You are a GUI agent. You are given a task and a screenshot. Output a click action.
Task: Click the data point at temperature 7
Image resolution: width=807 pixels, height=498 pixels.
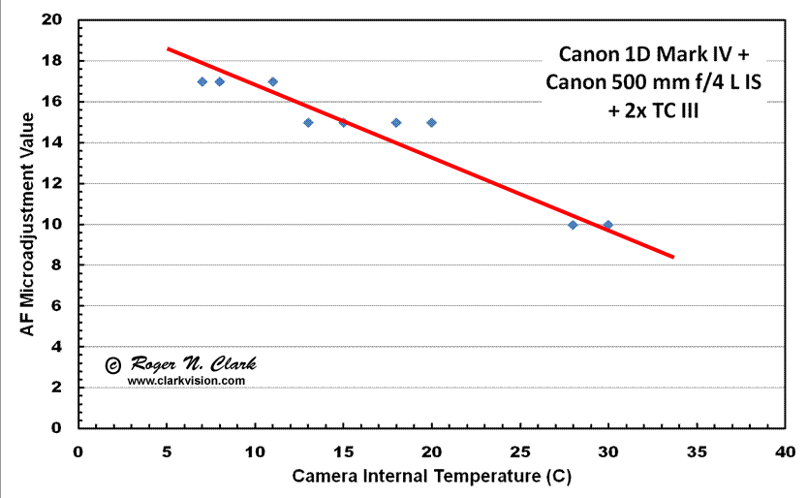click(x=202, y=81)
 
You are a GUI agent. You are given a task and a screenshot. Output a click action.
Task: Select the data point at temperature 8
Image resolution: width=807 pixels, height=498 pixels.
click(x=219, y=81)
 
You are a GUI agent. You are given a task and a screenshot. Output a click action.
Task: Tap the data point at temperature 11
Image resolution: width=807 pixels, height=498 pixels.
click(x=272, y=81)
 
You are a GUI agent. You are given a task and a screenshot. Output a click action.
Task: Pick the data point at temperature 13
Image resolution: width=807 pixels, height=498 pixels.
click(x=308, y=122)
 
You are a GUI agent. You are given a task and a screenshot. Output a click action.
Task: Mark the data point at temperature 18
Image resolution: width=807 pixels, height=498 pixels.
click(x=396, y=122)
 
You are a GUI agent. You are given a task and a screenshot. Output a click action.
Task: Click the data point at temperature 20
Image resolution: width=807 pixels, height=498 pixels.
click(x=431, y=122)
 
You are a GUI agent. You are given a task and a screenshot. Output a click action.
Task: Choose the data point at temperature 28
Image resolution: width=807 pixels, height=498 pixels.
click(x=573, y=225)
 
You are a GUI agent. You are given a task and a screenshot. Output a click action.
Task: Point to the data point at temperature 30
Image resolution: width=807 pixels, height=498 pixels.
click(x=607, y=225)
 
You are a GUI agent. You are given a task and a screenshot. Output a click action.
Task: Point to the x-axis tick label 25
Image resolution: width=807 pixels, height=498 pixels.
click(x=520, y=451)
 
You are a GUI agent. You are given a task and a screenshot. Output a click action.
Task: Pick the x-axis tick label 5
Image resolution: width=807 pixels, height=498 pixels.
click(x=167, y=451)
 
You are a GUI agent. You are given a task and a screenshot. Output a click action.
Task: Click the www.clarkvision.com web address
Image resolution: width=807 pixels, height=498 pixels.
click(x=186, y=381)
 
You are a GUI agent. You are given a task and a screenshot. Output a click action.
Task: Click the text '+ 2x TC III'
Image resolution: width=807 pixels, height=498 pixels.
click(x=654, y=110)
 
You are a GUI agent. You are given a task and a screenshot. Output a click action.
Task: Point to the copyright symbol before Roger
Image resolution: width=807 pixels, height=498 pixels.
click(x=112, y=365)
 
